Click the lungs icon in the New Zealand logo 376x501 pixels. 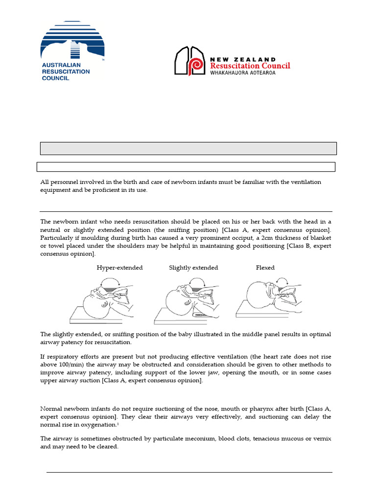coord(189,61)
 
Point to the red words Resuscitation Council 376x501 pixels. coord(250,66)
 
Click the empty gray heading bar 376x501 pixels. coord(188,148)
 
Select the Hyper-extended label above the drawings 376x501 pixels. coord(119,268)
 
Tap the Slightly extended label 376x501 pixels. coord(193,268)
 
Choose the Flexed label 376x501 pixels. coord(265,268)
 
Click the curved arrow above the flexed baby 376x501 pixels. coord(282,280)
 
